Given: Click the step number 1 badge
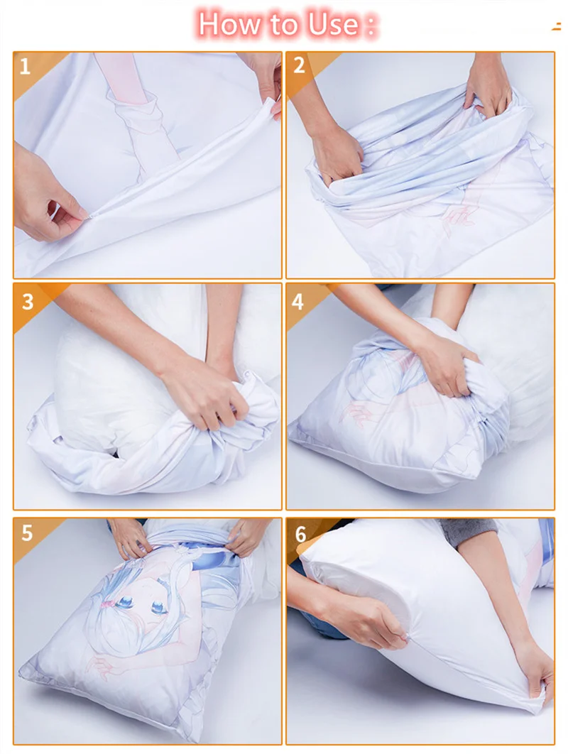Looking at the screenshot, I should pos(26,67).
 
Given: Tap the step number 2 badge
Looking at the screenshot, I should pos(299,66).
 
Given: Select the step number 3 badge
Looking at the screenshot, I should pos(27,301).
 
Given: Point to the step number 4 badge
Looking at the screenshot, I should pos(298,301).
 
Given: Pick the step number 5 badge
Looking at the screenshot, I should pos(27,533).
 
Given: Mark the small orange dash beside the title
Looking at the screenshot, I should pos(556,27).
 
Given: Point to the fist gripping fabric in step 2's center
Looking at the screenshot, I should pos(337,153).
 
